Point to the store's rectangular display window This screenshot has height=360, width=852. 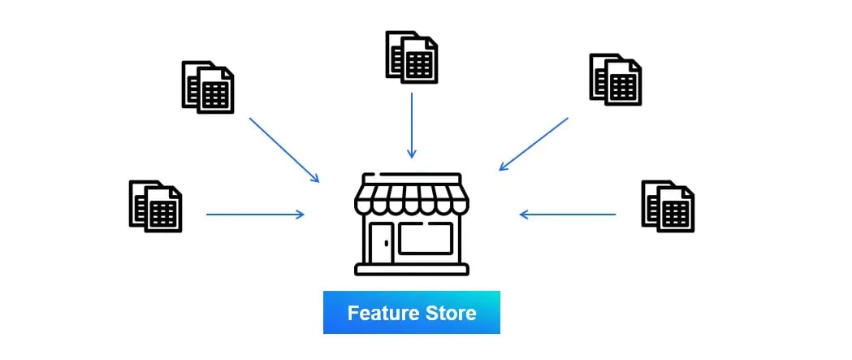[426, 238]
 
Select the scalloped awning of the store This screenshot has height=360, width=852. [412, 200]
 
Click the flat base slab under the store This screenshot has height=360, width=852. [412, 270]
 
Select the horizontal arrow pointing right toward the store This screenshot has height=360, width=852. [255, 215]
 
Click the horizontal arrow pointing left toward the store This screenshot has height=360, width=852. [568, 215]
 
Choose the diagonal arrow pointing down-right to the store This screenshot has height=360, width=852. [283, 149]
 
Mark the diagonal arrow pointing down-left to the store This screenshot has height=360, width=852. [534, 144]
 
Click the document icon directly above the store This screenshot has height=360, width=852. [412, 57]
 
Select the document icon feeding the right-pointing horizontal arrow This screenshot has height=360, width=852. [155, 206]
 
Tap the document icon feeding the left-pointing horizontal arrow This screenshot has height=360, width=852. [668, 206]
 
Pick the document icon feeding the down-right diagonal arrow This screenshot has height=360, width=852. [208, 87]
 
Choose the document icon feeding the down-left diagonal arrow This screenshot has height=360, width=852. [615, 79]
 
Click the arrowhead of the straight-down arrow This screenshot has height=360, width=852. [412, 154]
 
